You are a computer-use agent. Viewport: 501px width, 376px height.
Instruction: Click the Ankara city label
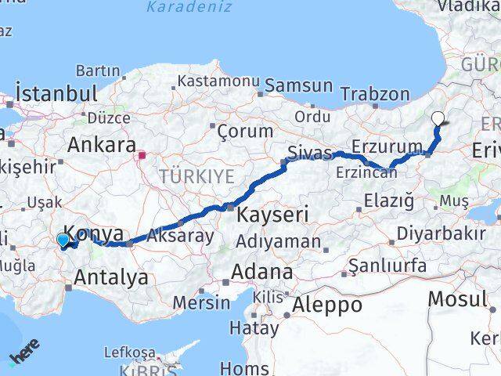tap(102, 144)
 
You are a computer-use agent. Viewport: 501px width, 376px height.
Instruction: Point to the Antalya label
tap(111, 276)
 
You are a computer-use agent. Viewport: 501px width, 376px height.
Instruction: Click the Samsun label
tap(300, 85)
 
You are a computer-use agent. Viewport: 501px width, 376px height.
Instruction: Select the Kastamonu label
tap(218, 81)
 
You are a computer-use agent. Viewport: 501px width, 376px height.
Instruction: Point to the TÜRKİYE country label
tap(197, 176)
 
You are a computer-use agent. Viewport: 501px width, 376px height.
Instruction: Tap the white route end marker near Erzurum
tap(438, 119)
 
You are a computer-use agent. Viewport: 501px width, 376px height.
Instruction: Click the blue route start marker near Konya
tap(63, 240)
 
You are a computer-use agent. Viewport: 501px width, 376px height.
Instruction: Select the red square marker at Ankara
tap(142, 155)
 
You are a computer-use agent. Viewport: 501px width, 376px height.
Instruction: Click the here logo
tap(23, 357)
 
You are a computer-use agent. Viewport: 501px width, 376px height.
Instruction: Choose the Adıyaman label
tap(279, 241)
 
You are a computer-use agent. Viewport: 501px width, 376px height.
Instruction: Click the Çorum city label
tap(245, 131)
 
